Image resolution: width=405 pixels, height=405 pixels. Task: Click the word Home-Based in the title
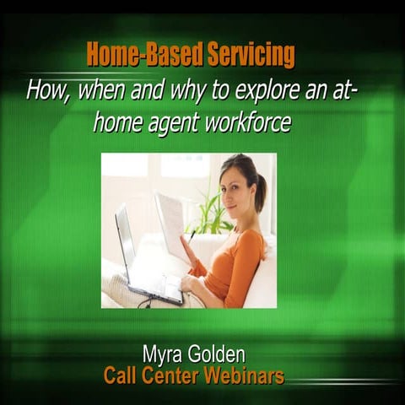click(x=132, y=57)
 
